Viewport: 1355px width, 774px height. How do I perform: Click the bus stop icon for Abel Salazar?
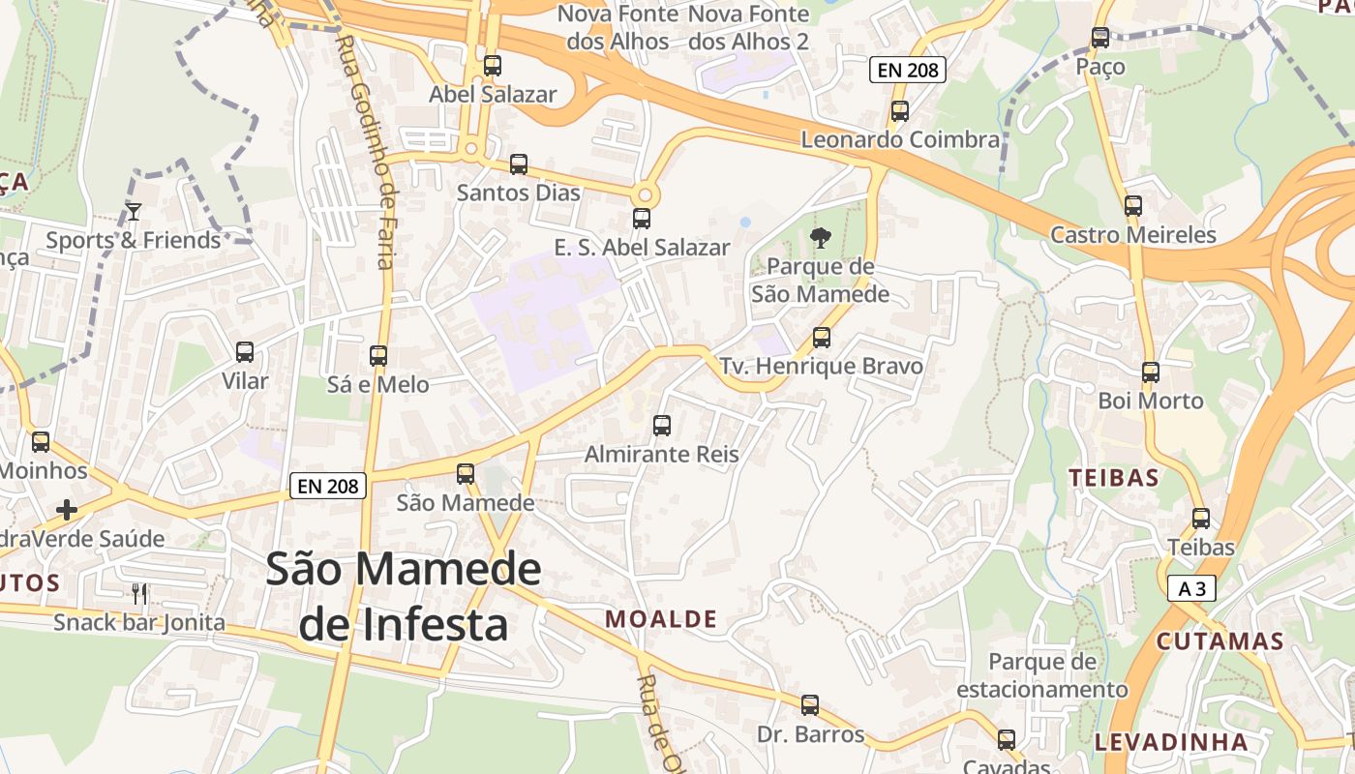[x=493, y=66]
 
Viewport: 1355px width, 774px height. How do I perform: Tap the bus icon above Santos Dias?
[x=519, y=164]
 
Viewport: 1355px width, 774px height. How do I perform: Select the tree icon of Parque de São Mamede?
[x=821, y=237]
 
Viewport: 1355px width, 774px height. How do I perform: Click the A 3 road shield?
[x=1191, y=588]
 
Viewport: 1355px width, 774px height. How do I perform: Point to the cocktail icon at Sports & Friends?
[x=134, y=211]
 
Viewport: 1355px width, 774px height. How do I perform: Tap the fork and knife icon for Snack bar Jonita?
[x=139, y=593]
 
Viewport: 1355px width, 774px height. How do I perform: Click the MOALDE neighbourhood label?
[x=661, y=619]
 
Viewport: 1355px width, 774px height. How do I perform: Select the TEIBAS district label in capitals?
[x=1114, y=477]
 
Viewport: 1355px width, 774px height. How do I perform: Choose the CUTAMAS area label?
[x=1220, y=641]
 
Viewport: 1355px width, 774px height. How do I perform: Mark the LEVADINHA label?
[x=1171, y=742]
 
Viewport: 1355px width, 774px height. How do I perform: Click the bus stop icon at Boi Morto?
[x=1151, y=372]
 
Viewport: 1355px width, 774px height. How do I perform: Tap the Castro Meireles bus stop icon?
[x=1133, y=205]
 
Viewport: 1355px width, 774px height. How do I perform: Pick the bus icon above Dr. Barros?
[x=810, y=704]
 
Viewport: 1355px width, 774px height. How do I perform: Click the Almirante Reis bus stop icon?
[x=662, y=425]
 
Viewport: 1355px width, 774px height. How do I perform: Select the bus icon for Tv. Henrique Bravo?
[x=822, y=337]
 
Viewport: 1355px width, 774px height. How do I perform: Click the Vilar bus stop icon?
[x=245, y=351]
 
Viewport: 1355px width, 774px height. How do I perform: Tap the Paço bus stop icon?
[x=1100, y=38]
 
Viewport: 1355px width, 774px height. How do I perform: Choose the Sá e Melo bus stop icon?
[x=378, y=355]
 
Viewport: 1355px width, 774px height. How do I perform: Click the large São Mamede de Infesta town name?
[x=403, y=597]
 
